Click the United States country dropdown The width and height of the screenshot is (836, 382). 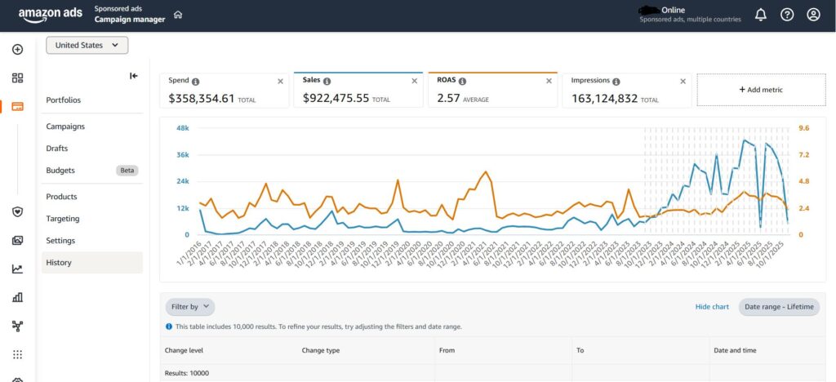click(x=87, y=46)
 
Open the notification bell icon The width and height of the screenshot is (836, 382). click(x=760, y=15)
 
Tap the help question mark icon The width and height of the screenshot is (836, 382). click(x=787, y=15)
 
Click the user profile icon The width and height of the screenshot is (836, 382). click(x=813, y=15)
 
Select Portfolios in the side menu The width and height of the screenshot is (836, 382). click(x=64, y=100)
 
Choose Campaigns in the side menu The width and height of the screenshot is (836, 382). click(x=65, y=127)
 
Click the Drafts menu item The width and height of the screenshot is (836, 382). click(x=57, y=149)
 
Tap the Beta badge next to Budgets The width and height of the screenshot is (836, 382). click(x=127, y=171)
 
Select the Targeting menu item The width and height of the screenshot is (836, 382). click(x=63, y=219)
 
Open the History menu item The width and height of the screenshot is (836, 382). click(x=59, y=263)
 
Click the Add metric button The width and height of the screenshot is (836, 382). click(x=761, y=90)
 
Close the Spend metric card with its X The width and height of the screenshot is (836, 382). click(x=281, y=82)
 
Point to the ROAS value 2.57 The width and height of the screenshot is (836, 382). click(x=448, y=98)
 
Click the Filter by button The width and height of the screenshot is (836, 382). click(x=189, y=307)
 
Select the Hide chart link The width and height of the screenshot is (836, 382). click(x=712, y=307)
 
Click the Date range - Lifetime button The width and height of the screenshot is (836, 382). click(x=779, y=307)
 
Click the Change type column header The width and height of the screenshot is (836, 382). click(x=321, y=350)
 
